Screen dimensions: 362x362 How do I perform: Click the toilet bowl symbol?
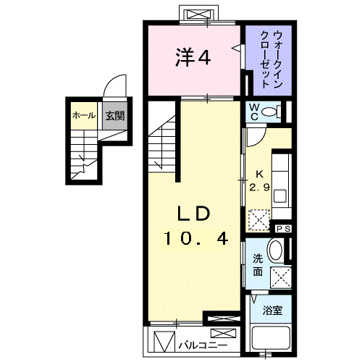[271, 111]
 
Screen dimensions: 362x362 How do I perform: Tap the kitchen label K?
[259, 174]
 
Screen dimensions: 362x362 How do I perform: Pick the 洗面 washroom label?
[258, 265]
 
